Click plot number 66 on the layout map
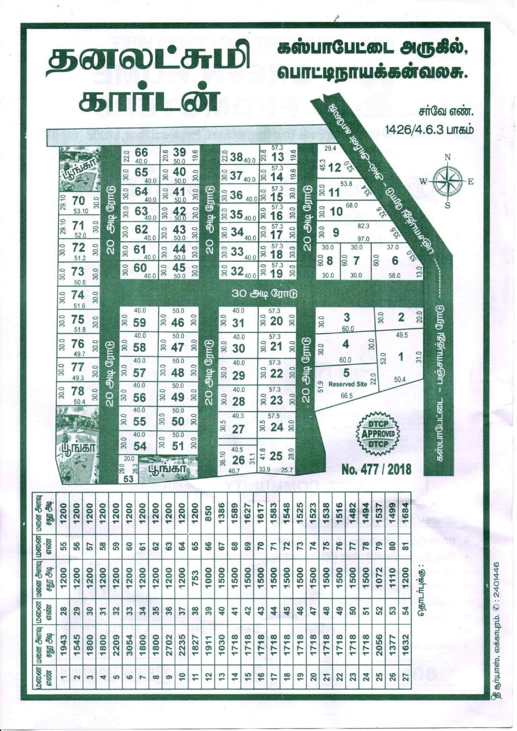click(x=141, y=153)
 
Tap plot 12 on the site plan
click(x=335, y=168)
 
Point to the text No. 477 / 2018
click(x=376, y=469)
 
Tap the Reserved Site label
click(x=348, y=384)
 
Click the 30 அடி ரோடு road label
click(x=264, y=293)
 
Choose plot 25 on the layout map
click(x=276, y=455)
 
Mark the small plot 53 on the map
click(x=128, y=478)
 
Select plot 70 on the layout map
click(x=78, y=201)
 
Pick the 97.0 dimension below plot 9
click(x=363, y=238)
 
